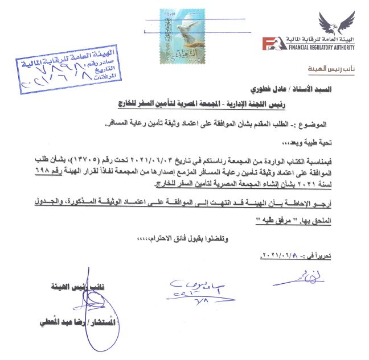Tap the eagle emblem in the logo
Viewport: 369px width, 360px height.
pos(336,22)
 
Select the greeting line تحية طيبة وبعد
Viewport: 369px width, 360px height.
pos(329,139)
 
